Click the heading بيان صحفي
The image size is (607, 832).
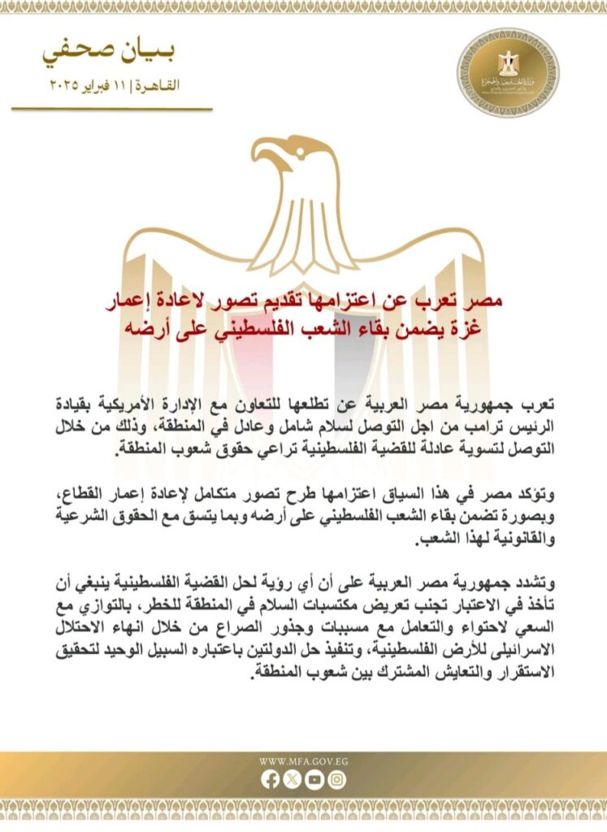click(x=109, y=54)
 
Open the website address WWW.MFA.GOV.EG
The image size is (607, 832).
click(x=303, y=761)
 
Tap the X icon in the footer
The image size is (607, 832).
click(x=292, y=779)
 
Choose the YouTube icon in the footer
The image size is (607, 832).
click(x=314, y=779)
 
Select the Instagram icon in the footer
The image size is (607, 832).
click(x=336, y=779)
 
